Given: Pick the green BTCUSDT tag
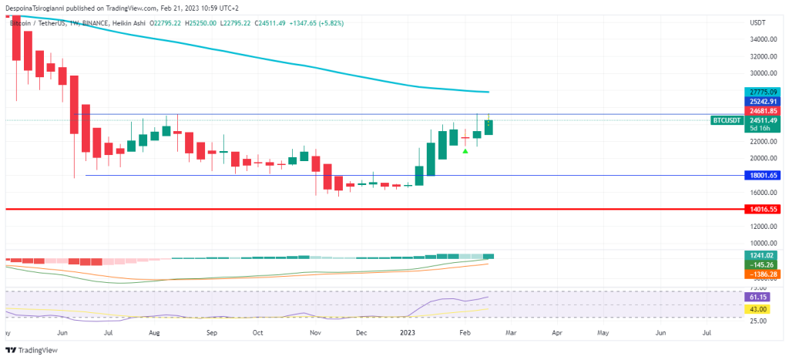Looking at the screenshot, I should (727, 120).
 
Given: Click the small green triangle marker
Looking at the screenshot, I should (465, 150).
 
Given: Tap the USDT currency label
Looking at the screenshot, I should (757, 23).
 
